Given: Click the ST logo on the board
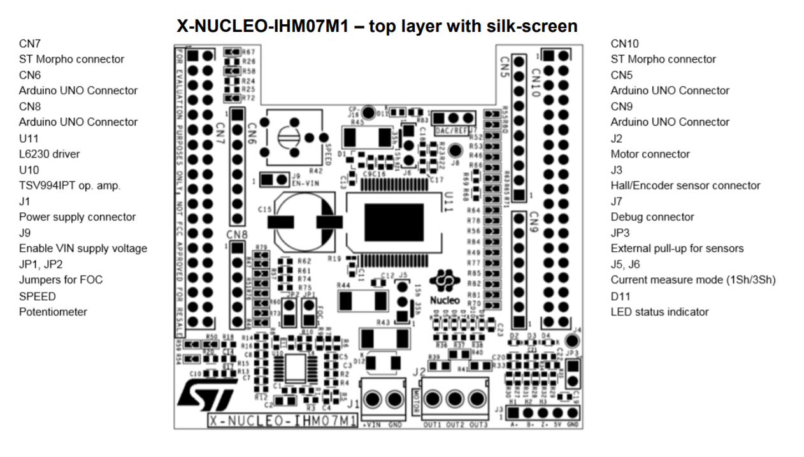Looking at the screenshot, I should [203, 395].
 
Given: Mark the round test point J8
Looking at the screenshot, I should [455, 152].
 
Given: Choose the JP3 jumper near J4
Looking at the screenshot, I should [572, 372].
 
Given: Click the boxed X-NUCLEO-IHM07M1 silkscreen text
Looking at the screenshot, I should [281, 421].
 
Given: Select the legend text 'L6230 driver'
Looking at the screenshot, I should [49, 154].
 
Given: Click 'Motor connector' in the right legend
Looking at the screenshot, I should [650, 154].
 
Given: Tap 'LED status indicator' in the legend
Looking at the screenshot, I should [659, 312].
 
